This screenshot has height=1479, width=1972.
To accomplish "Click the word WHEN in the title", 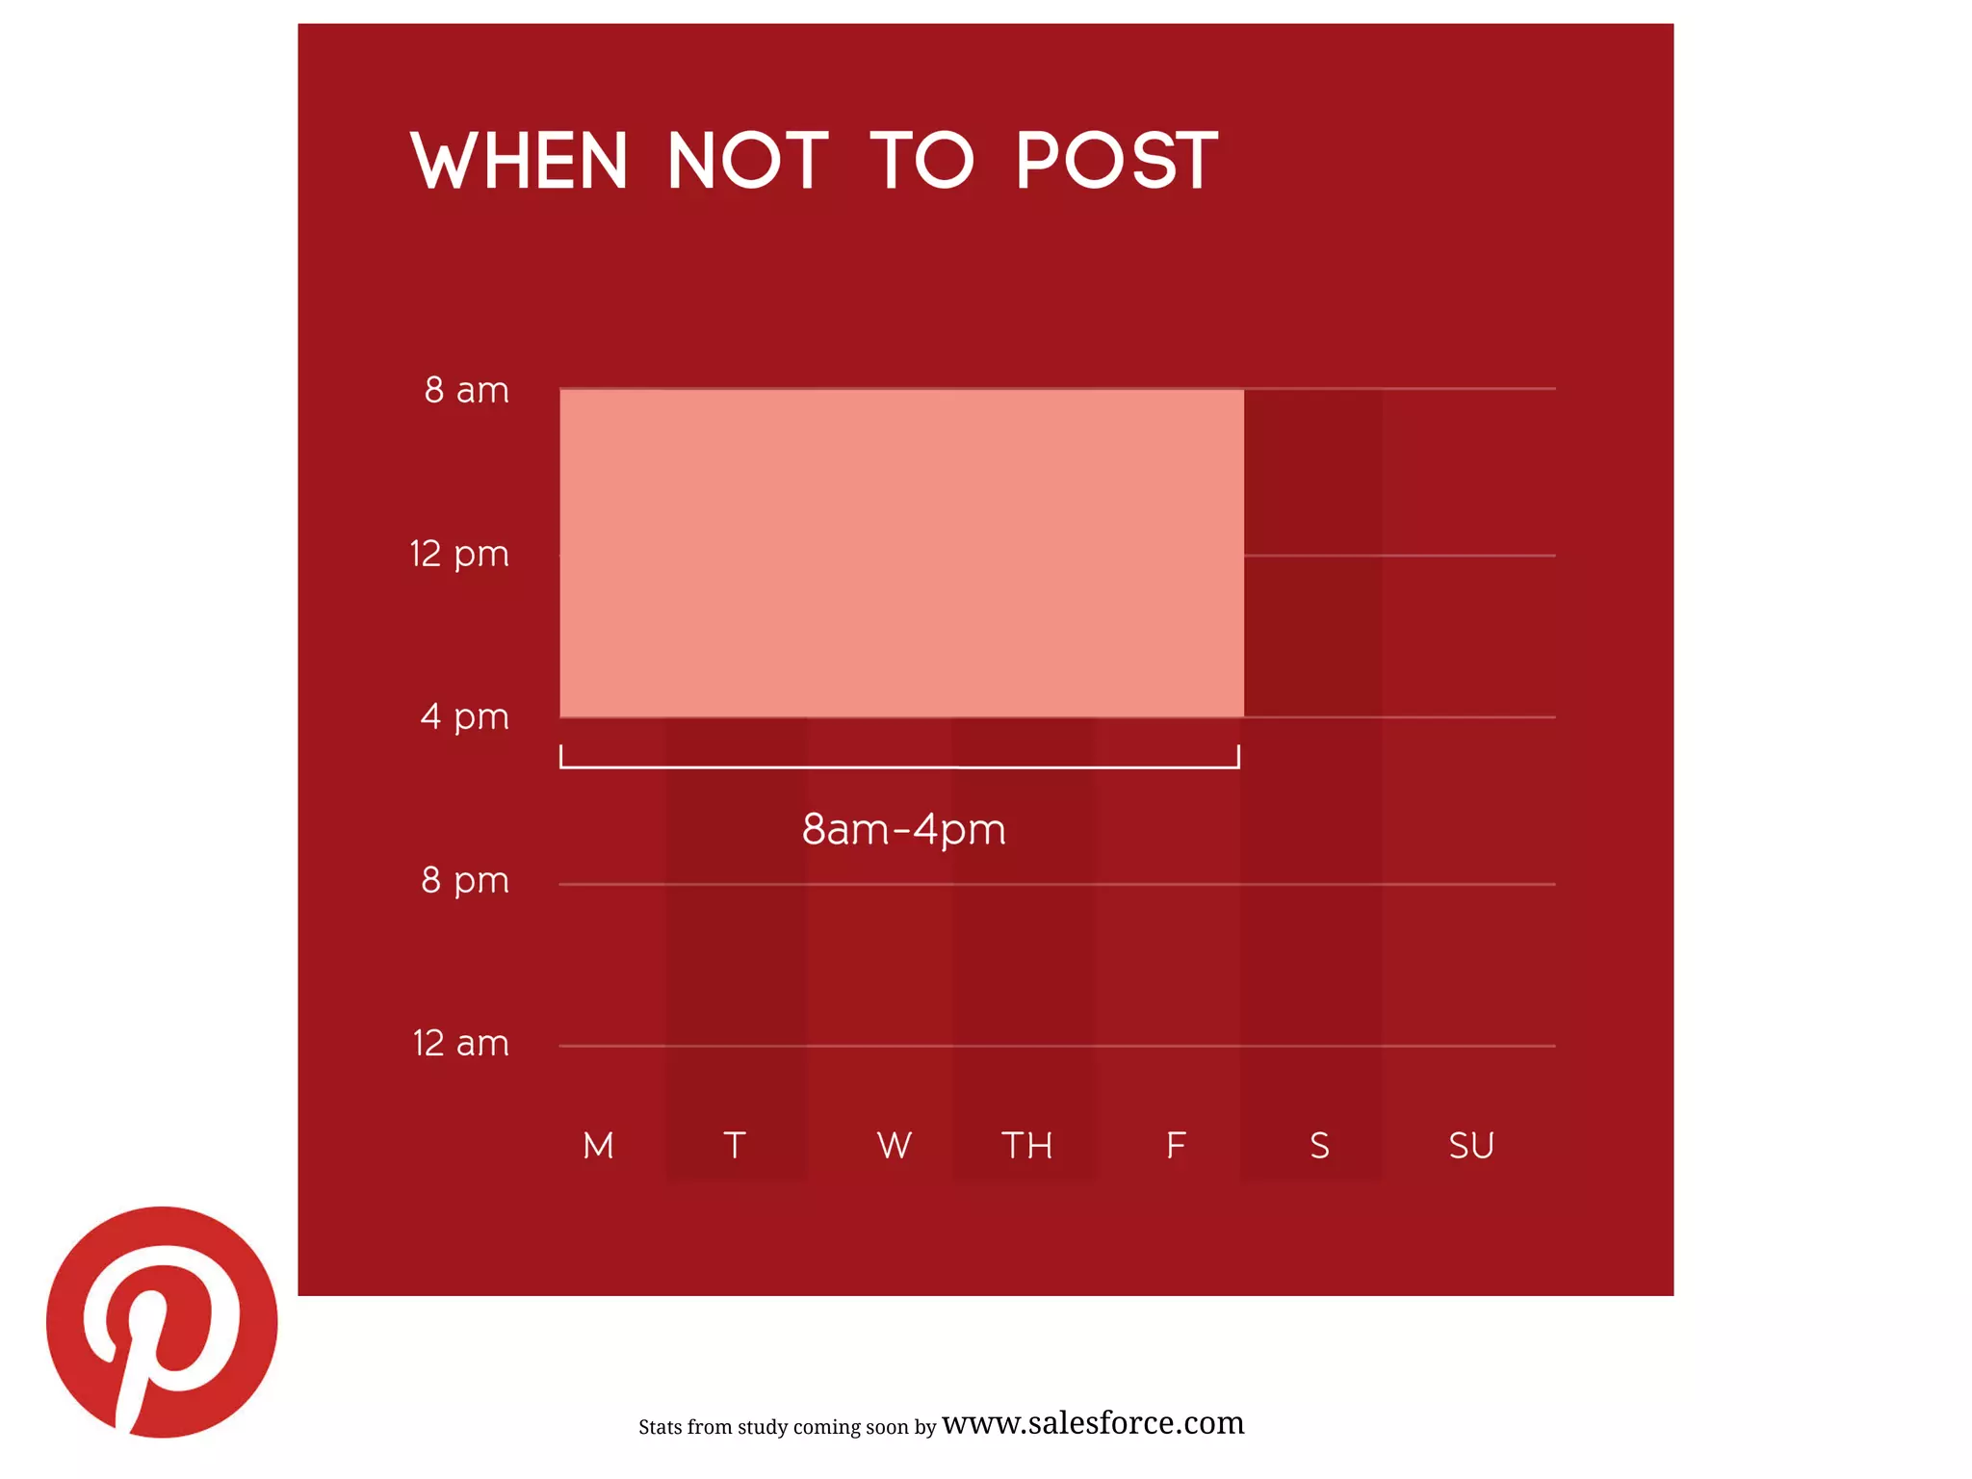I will click(x=519, y=161).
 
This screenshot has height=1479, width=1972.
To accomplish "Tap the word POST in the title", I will click(x=1117, y=161).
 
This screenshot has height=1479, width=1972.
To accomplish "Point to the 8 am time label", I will click(x=466, y=390).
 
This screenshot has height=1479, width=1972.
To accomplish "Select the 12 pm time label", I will click(x=459, y=554).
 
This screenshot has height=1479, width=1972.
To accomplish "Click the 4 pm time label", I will click(x=464, y=716).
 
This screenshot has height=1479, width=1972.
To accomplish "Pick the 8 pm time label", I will click(x=464, y=880).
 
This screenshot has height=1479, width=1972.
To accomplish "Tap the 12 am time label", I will click(x=460, y=1043).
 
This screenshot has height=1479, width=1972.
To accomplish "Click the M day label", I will click(x=598, y=1146).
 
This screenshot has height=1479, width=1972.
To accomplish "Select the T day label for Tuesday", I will click(x=735, y=1146).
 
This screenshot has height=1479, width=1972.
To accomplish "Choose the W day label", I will click(x=895, y=1146).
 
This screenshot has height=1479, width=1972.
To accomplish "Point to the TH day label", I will click(x=1026, y=1146).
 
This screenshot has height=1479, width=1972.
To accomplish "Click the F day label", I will click(x=1176, y=1146).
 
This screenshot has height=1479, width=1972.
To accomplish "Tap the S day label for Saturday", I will click(x=1319, y=1146).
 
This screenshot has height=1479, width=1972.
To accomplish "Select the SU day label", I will click(x=1471, y=1146).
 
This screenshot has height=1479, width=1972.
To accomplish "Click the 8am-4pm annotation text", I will click(x=903, y=829).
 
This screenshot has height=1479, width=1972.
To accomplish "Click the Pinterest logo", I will click(x=162, y=1321).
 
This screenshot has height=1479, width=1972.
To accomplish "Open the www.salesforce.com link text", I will click(x=1093, y=1422).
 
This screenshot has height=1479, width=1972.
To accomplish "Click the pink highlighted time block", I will click(x=901, y=554).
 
